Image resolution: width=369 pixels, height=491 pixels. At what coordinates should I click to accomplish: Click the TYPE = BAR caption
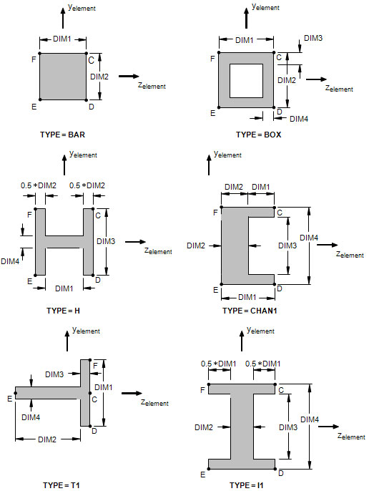[62, 135]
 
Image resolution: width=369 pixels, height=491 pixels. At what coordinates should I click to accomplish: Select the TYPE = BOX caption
[259, 135]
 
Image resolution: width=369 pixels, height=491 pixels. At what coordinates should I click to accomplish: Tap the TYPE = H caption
[63, 311]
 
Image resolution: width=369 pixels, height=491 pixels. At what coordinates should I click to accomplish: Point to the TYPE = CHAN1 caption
[250, 311]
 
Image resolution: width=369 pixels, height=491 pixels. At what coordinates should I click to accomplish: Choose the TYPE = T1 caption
[62, 485]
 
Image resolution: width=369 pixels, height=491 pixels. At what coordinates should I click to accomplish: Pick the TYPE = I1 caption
[247, 485]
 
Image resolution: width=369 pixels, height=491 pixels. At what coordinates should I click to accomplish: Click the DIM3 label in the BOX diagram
[313, 38]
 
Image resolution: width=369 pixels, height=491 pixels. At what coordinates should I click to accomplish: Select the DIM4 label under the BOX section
[299, 119]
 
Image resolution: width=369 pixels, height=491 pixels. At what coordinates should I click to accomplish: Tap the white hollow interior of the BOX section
[246, 81]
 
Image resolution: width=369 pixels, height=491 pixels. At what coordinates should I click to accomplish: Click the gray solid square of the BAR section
[63, 77]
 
